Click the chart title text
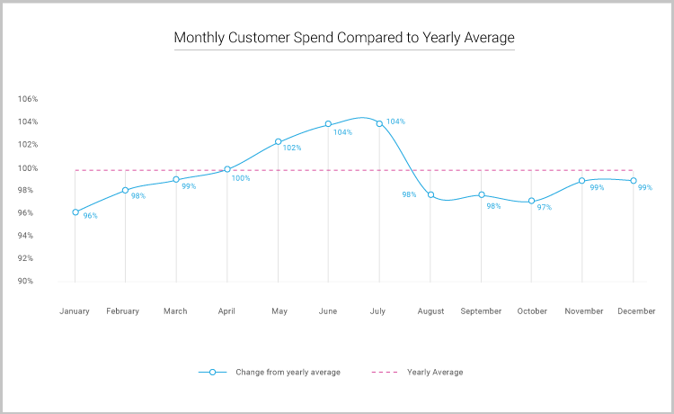(344, 38)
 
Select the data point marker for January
(75, 212)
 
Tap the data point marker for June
(328, 123)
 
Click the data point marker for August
(430, 195)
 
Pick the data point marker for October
(532, 201)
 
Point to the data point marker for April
(227, 169)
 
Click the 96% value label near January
(90, 216)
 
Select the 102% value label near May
(292, 148)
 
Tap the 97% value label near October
(545, 208)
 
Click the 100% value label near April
(241, 178)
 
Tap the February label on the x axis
(123, 311)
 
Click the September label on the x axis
(481, 311)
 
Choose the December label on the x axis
(635, 311)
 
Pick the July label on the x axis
(377, 311)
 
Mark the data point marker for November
(582, 181)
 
